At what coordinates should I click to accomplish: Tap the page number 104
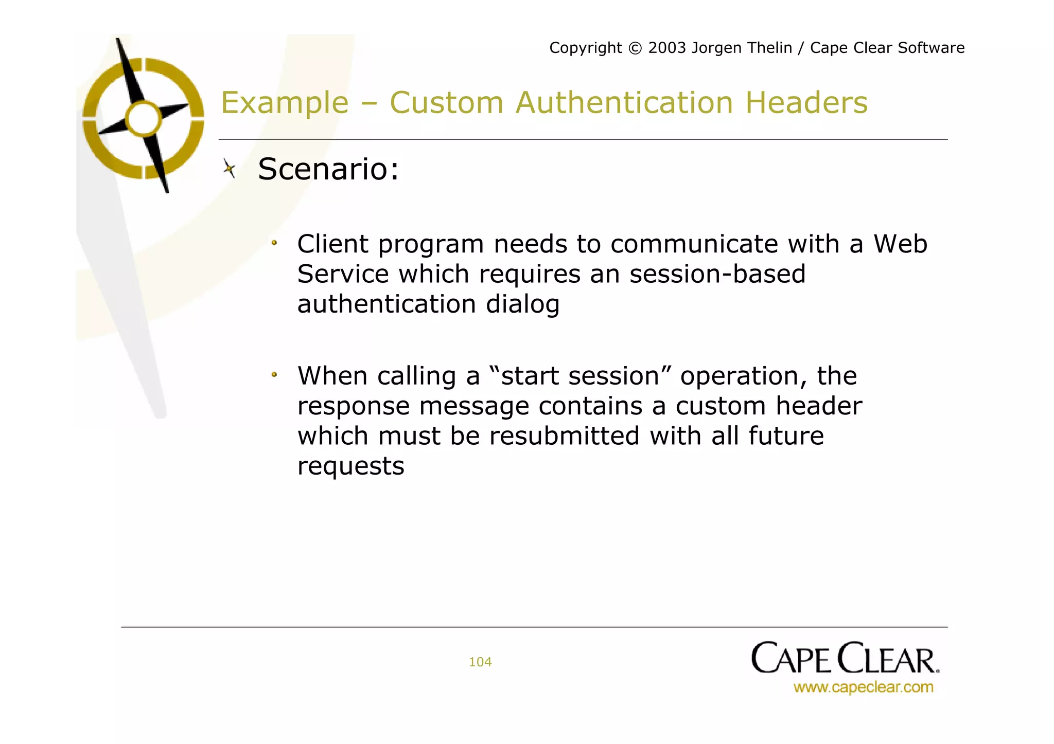tap(480, 662)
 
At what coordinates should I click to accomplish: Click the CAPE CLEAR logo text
tap(845, 658)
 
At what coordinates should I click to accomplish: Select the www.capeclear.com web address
tap(863, 687)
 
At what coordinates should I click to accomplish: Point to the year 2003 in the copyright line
tap(667, 48)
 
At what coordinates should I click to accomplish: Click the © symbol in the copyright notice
tap(636, 48)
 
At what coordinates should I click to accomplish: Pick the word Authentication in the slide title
tap(624, 102)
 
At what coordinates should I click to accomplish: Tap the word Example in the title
tap(285, 102)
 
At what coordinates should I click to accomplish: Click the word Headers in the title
tap(806, 102)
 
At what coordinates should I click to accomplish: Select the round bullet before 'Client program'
tap(274, 243)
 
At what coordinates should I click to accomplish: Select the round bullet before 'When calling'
tap(274, 375)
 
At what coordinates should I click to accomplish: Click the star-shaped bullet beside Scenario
tap(230, 168)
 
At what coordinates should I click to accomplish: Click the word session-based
tap(717, 274)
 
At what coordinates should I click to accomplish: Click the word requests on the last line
tap(350, 466)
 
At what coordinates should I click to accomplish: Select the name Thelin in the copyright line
tap(767, 48)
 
